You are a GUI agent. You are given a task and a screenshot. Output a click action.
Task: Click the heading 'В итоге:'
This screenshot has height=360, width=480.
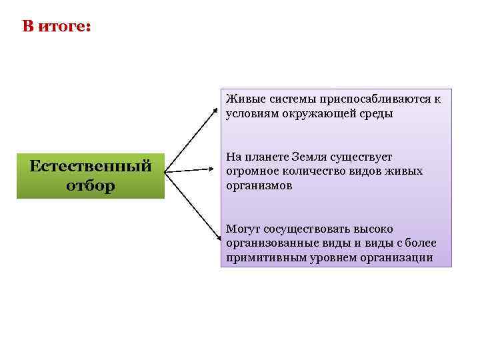point(56,27)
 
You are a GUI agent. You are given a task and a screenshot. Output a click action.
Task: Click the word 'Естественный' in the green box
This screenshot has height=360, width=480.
point(91,166)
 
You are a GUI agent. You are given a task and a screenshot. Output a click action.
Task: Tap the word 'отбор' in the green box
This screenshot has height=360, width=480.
point(91,185)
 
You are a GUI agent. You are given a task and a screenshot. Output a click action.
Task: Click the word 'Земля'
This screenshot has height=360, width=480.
point(310,157)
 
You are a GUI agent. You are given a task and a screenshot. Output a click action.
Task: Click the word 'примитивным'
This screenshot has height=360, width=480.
point(262,258)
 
